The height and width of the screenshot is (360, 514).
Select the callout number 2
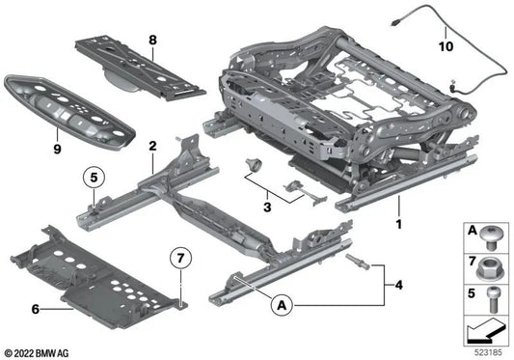(151, 146)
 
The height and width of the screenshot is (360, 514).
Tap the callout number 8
(151, 40)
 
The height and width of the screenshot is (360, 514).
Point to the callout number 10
(446, 44)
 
